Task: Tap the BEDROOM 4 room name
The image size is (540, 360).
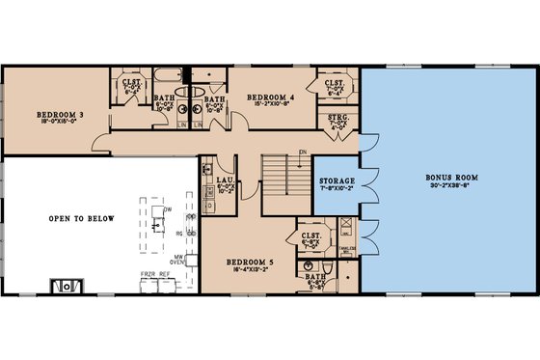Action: tap(270, 97)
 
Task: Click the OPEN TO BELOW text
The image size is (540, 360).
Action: tap(81, 219)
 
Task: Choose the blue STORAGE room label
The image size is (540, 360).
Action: tap(337, 181)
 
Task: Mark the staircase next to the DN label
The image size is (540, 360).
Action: tap(283, 179)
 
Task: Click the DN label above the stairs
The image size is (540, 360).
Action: tap(302, 152)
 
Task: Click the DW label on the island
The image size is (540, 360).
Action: tap(167, 209)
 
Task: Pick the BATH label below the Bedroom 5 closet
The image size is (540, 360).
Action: tap(315, 276)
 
